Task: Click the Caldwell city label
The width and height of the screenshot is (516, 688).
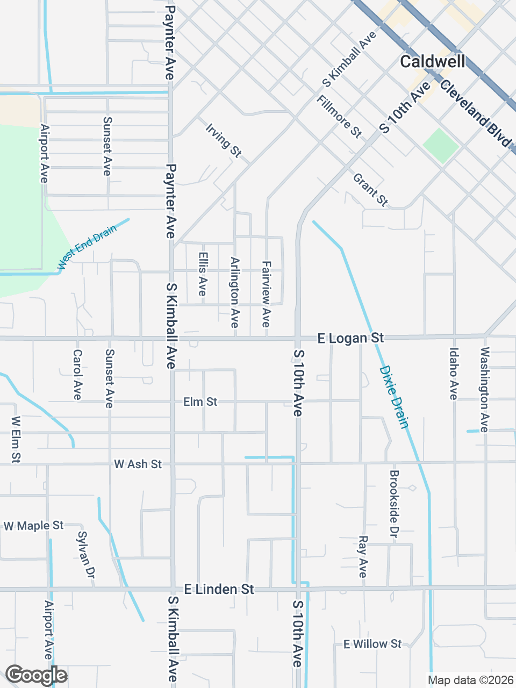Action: [433, 61]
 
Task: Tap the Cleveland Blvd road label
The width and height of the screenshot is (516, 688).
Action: [475, 114]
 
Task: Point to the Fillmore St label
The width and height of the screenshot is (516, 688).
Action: [339, 116]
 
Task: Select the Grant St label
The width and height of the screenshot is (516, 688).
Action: [370, 190]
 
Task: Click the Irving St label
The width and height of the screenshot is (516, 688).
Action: [223, 140]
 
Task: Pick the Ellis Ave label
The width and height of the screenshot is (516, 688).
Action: [203, 274]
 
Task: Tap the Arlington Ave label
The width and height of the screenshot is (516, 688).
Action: [234, 292]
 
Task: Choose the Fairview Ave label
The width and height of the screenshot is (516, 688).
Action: [266, 293]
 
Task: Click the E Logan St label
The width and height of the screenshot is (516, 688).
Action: [350, 338]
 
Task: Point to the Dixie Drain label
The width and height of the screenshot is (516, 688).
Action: [394, 397]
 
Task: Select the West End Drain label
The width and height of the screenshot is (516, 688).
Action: [87, 247]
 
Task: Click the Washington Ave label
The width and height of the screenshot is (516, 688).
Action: [485, 389]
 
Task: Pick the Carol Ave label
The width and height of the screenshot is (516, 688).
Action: [77, 375]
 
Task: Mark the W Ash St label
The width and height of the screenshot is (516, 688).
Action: [138, 464]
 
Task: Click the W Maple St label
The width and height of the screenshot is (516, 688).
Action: [33, 526]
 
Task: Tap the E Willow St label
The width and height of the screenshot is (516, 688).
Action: [372, 644]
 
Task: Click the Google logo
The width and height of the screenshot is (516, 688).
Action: [36, 675]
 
